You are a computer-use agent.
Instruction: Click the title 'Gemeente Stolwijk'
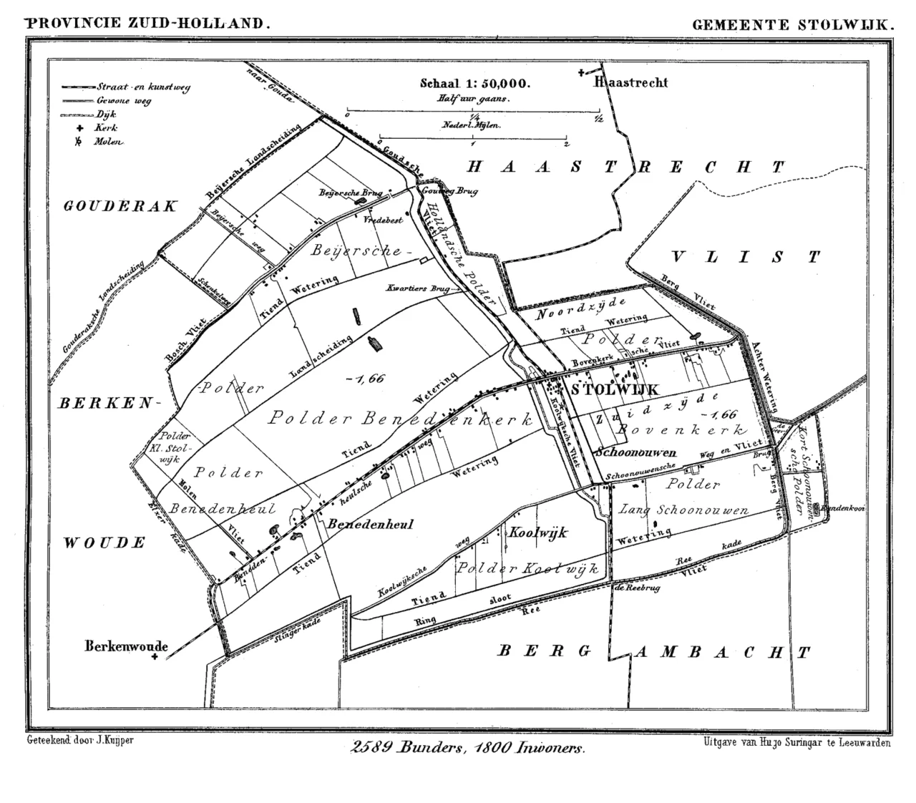[793, 24]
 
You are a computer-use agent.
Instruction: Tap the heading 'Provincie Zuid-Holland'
[149, 23]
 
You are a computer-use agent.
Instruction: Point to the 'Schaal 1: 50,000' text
[475, 83]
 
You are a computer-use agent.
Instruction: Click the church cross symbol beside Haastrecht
[582, 72]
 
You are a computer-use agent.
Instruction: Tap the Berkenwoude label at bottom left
[126, 646]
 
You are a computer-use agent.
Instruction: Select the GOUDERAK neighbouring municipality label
[120, 207]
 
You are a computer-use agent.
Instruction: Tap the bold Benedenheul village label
[371, 524]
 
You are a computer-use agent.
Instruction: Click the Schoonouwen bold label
[635, 452]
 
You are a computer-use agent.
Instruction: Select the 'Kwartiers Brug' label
[417, 288]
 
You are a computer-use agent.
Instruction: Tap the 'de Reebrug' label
[636, 588]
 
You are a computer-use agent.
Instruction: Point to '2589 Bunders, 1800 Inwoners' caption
[468, 748]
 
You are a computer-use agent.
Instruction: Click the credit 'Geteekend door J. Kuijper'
[79, 740]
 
